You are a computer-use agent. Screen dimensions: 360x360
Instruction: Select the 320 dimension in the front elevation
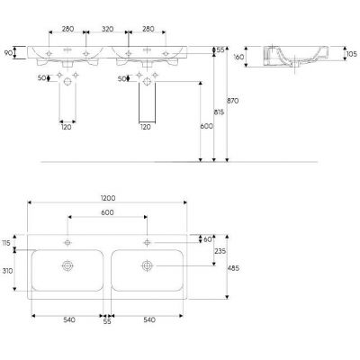(108, 29)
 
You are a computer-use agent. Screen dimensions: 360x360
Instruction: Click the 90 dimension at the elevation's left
(9, 54)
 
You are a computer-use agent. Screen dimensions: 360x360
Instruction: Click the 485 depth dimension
(234, 267)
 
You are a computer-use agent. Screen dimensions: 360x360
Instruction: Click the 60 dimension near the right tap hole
(209, 239)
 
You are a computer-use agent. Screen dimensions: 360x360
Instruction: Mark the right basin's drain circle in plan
(146, 265)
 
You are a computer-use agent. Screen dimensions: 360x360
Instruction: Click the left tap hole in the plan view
(67, 243)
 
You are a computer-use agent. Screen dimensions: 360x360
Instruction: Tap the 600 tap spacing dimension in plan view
(108, 211)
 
